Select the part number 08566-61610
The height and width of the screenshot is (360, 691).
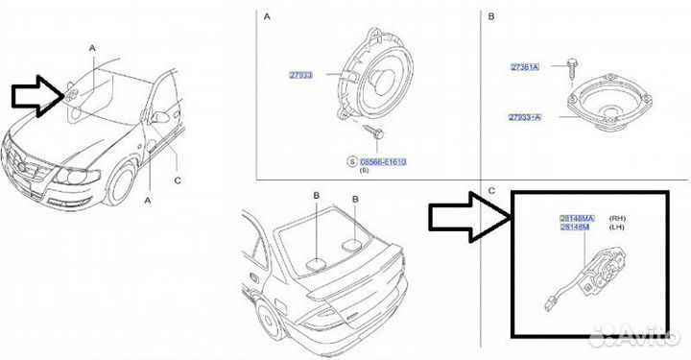[384, 164]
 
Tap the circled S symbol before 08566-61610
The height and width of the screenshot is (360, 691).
[352, 164]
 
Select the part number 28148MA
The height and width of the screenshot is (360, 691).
[577, 219]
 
